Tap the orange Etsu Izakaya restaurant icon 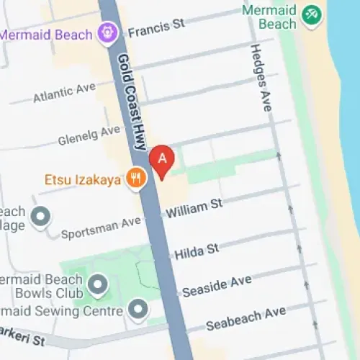(135, 177)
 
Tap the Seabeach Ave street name (246, 320)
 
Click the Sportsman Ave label (101, 228)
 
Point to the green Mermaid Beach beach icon (312, 14)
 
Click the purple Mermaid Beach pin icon (108, 33)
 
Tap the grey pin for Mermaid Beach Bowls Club (97, 286)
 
